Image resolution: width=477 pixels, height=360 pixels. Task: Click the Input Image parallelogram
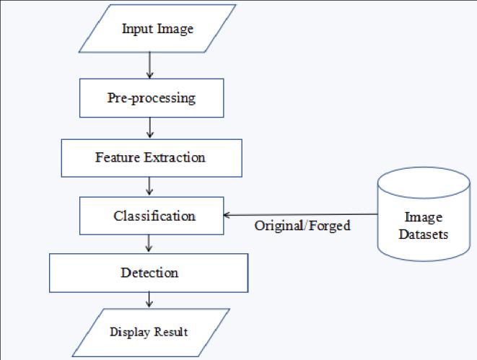click(x=157, y=29)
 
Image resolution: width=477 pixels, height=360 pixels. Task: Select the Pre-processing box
click(x=151, y=97)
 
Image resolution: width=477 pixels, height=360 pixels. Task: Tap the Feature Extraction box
click(x=150, y=157)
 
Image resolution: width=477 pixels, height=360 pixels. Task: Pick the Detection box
click(x=149, y=273)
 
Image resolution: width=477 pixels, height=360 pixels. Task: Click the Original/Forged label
click(x=302, y=226)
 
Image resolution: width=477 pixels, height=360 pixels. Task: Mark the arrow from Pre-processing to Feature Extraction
click(x=149, y=128)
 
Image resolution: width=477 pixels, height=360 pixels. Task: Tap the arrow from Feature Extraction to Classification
click(x=149, y=186)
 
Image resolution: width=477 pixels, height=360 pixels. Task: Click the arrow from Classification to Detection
click(x=149, y=243)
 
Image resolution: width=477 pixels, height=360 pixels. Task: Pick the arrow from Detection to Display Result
click(x=149, y=299)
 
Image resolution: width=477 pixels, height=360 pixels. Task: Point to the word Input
click(x=136, y=29)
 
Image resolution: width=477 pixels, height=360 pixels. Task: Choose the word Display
click(x=131, y=332)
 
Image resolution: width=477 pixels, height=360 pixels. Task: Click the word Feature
click(x=115, y=157)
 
